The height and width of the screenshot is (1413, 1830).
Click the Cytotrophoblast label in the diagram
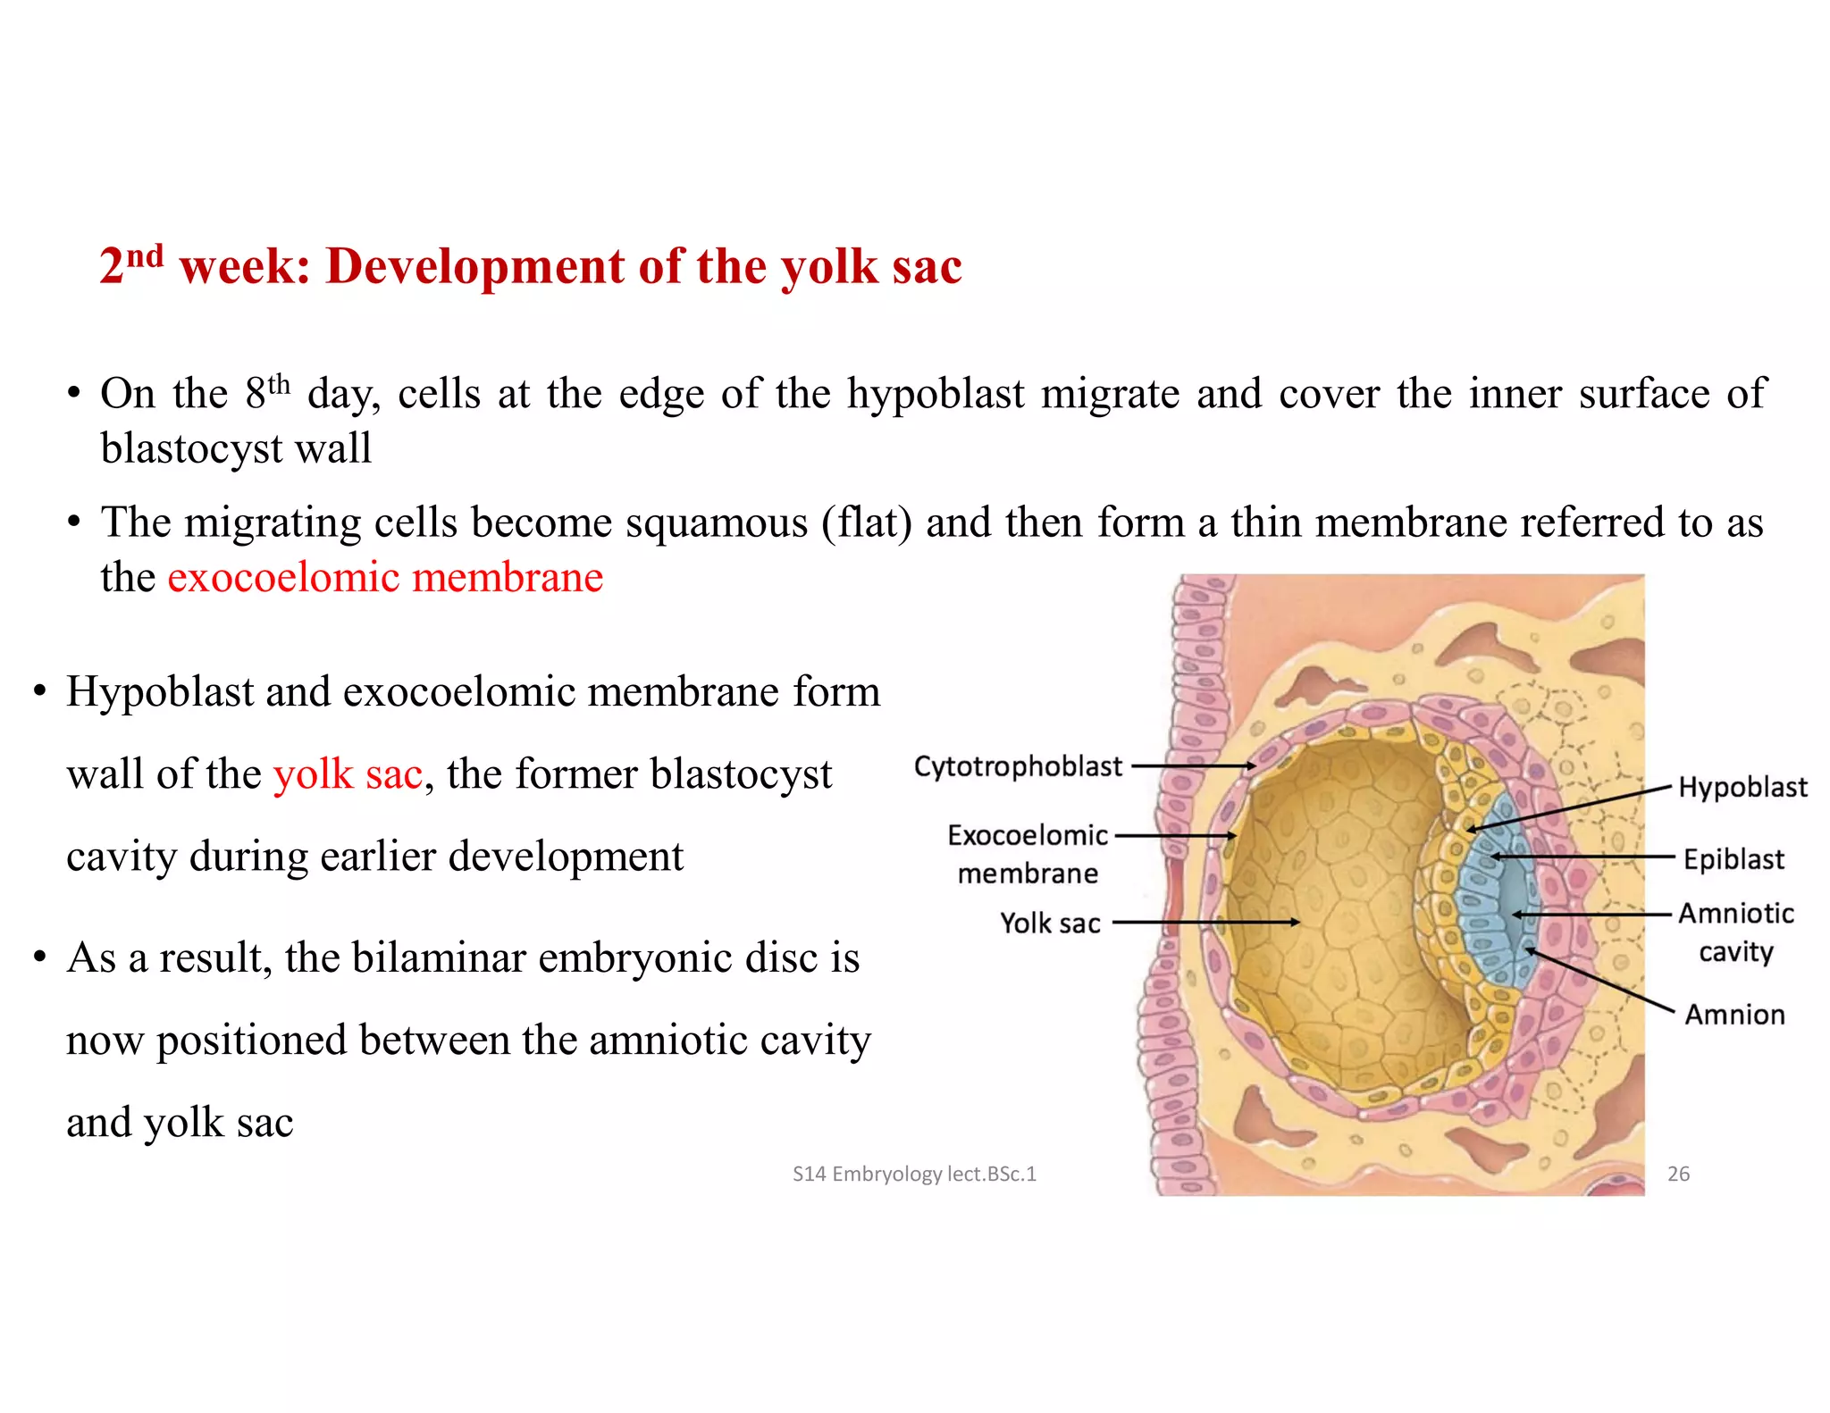(1017, 766)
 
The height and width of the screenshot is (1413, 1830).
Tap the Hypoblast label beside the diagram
(1742, 787)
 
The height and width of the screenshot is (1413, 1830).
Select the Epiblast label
(1733, 859)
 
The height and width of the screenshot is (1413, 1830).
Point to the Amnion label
(1734, 1015)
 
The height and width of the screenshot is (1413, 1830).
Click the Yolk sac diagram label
(1050, 923)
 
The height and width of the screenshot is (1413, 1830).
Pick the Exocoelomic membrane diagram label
(1028, 854)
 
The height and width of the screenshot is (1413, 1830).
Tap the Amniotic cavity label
(1735, 932)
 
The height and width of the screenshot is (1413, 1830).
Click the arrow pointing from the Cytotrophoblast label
(1193, 766)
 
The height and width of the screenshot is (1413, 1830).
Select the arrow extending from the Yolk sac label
(1206, 922)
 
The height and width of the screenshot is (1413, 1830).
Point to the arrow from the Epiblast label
(1582, 857)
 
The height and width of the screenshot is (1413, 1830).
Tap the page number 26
(1678, 1174)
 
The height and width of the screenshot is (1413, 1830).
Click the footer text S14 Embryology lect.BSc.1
(914, 1174)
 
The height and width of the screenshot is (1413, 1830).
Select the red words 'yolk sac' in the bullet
(348, 773)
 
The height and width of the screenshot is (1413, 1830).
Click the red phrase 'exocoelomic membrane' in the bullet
(385, 577)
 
